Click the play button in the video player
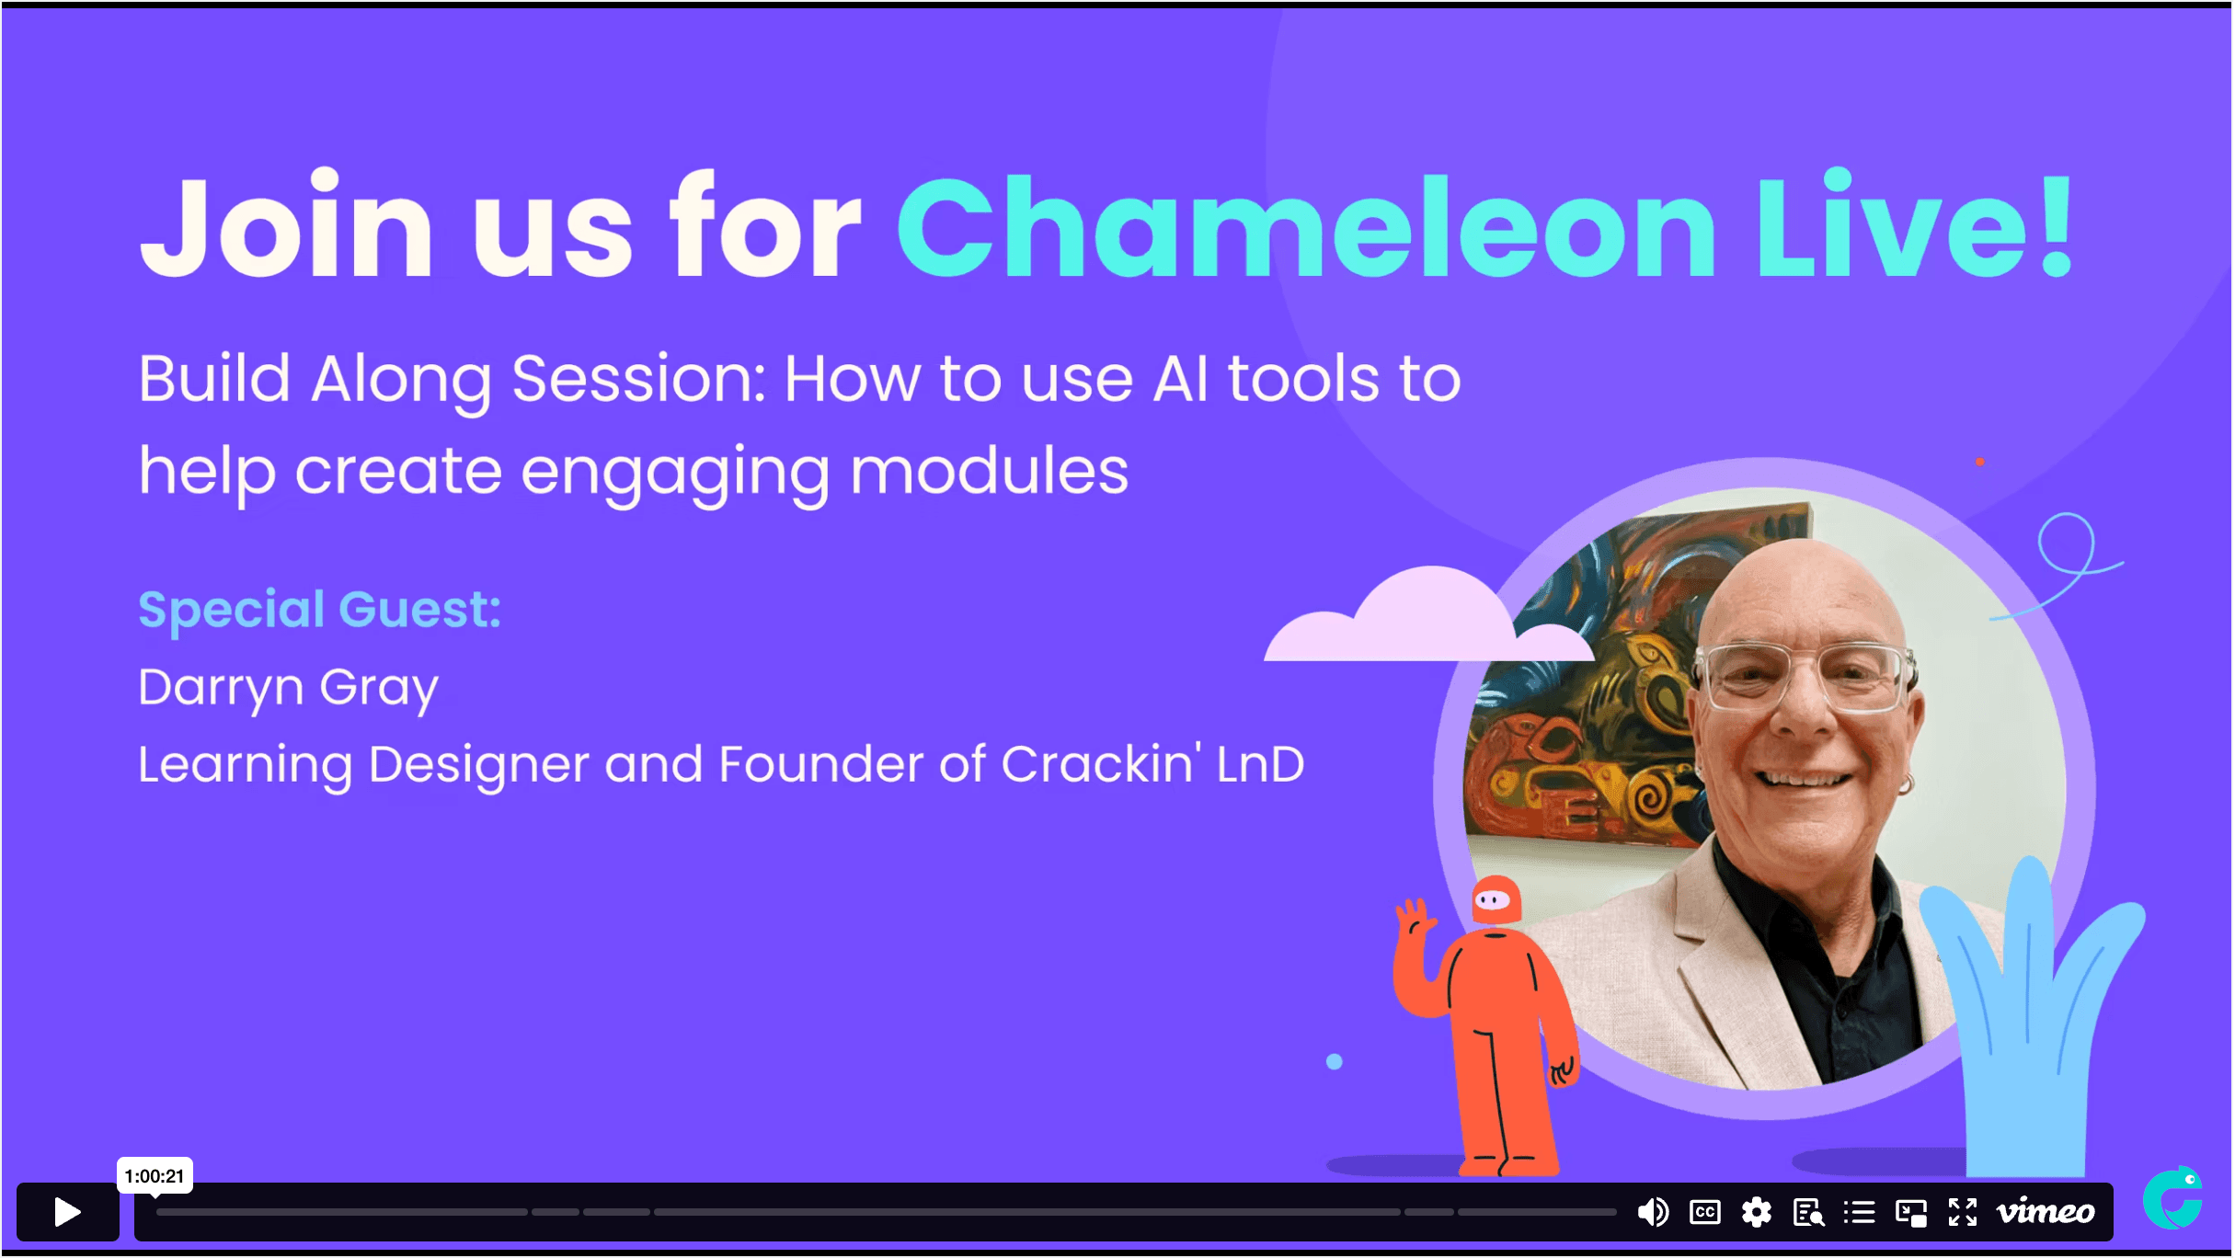(67, 1212)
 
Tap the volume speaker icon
(1653, 1212)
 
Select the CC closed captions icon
(1705, 1212)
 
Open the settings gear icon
(1757, 1212)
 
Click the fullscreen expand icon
(1963, 1212)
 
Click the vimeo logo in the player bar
(2046, 1211)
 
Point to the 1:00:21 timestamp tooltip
(155, 1176)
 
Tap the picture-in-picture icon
(1911, 1213)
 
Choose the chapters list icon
(1860, 1212)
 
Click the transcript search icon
(1808, 1213)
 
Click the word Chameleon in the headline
(1307, 226)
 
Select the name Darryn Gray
(288, 688)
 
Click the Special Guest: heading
(320, 610)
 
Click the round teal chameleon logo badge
(2173, 1198)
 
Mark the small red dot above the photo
(1980, 462)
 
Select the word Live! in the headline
(1914, 226)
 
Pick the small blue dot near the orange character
(1335, 1062)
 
